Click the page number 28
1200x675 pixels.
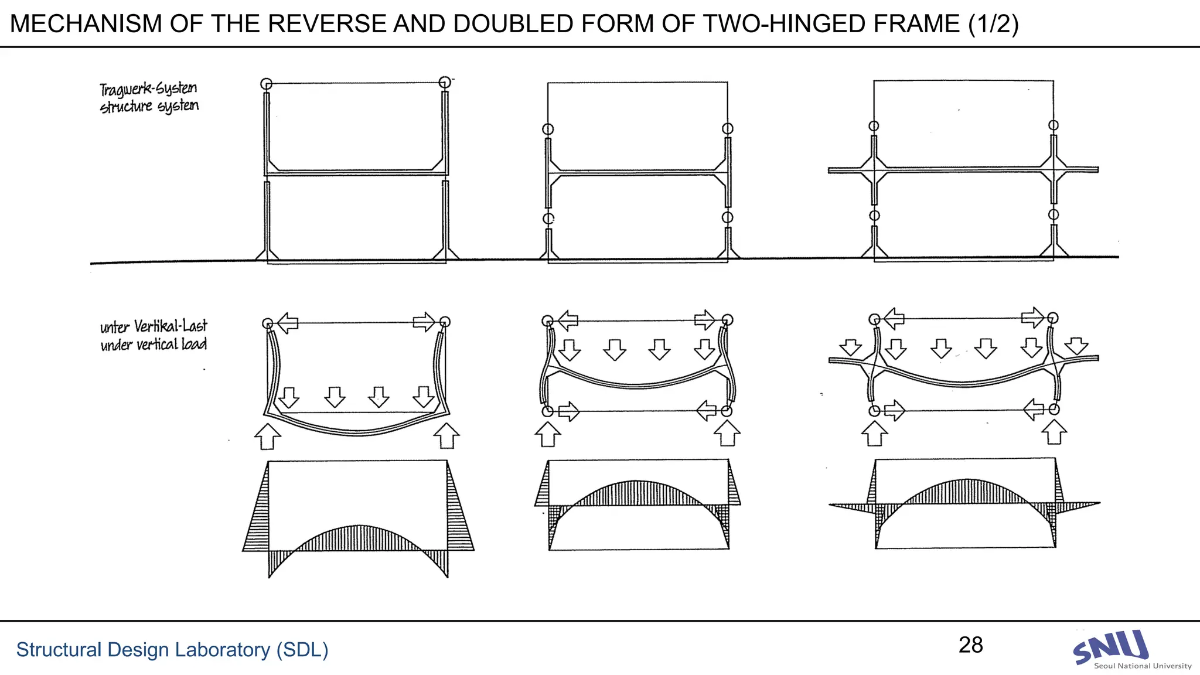970,645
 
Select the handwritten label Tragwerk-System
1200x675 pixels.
148,89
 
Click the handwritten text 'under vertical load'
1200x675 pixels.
154,345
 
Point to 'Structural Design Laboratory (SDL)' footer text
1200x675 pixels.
172,650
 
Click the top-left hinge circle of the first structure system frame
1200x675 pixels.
266,84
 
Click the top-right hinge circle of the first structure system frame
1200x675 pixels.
445,82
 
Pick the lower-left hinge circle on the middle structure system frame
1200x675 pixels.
548,219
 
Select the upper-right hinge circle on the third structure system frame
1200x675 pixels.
1054,125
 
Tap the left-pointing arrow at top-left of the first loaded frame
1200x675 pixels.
287,322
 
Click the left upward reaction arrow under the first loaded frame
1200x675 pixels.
268,437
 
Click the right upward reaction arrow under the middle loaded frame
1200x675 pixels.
727,434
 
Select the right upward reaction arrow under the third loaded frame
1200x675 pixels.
1054,432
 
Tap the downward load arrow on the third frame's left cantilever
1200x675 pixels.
850,347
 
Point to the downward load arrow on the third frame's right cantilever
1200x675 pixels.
1076,346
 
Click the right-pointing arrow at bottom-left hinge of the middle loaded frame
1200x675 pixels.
568,411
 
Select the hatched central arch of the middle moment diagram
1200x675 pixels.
637,493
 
